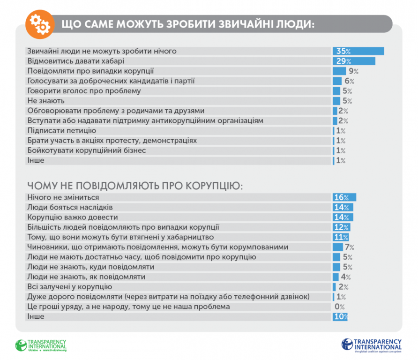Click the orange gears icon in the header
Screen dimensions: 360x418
(37, 23)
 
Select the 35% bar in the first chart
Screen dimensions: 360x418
(358, 51)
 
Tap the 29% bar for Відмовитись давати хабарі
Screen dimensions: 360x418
(354, 61)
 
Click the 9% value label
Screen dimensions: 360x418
(353, 71)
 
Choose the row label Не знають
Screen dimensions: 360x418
(46, 101)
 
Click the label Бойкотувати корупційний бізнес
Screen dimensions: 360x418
(87, 150)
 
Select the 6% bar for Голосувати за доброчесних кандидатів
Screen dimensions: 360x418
(337, 81)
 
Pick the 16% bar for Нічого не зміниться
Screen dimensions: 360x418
(344, 197)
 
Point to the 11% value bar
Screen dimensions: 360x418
(341, 237)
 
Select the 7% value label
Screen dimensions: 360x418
(350, 247)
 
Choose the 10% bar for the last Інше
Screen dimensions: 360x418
(340, 317)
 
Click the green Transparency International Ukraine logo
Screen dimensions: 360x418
(41, 345)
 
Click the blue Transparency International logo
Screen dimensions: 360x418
(372, 345)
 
